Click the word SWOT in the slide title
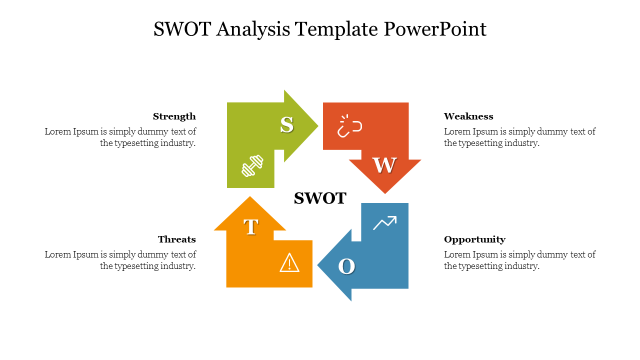[x=182, y=29]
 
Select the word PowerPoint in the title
[x=435, y=29]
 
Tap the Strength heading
[x=174, y=116]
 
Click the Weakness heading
[x=468, y=116]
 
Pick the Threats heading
[x=177, y=239]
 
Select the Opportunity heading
[x=474, y=239]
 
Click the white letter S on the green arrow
[x=286, y=125]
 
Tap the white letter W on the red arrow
[x=384, y=165]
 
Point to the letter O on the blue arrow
[x=346, y=266]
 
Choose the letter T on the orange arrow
[x=251, y=227]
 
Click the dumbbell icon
[x=252, y=165]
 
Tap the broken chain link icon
[x=349, y=126]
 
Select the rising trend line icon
[x=385, y=223]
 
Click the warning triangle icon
[x=289, y=262]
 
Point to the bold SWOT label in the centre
[x=320, y=198]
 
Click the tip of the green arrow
[x=318, y=125]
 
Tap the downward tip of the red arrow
[x=385, y=193]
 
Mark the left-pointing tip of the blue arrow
[x=317, y=265]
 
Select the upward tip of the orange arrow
[x=250, y=196]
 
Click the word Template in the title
[x=336, y=29]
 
